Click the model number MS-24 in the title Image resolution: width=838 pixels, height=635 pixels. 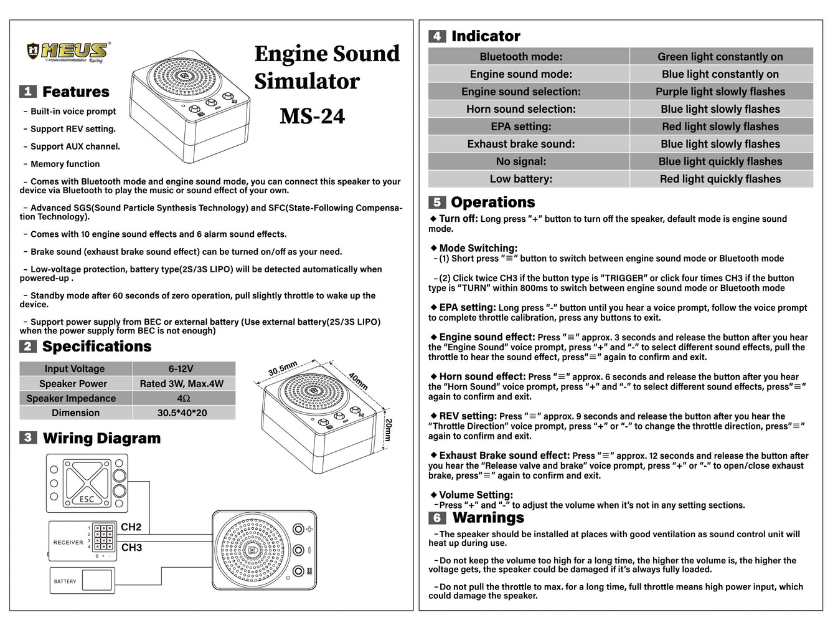312,117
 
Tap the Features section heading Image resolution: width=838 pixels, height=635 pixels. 75,92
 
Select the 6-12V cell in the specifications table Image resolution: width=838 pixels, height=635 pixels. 181,369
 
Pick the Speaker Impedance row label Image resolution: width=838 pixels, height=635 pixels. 71,398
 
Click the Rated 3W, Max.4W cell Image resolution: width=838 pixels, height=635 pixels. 181,384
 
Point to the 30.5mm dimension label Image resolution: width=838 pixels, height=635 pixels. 283,368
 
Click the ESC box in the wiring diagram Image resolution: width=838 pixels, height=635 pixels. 87,484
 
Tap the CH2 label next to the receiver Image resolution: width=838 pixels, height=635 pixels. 131,527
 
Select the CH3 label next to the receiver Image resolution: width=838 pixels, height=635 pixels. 131,548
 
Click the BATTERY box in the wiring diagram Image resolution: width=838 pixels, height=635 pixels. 82,581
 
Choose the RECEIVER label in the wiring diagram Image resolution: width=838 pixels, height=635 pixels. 68,543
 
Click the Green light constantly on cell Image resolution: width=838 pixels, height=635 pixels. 720,57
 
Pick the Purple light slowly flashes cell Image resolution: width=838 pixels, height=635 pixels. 720,92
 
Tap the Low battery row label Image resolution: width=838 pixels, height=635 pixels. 521,179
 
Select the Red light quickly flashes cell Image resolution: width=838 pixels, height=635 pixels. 720,179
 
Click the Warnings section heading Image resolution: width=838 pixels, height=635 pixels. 488,518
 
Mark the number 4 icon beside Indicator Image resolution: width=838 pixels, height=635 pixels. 437,36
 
